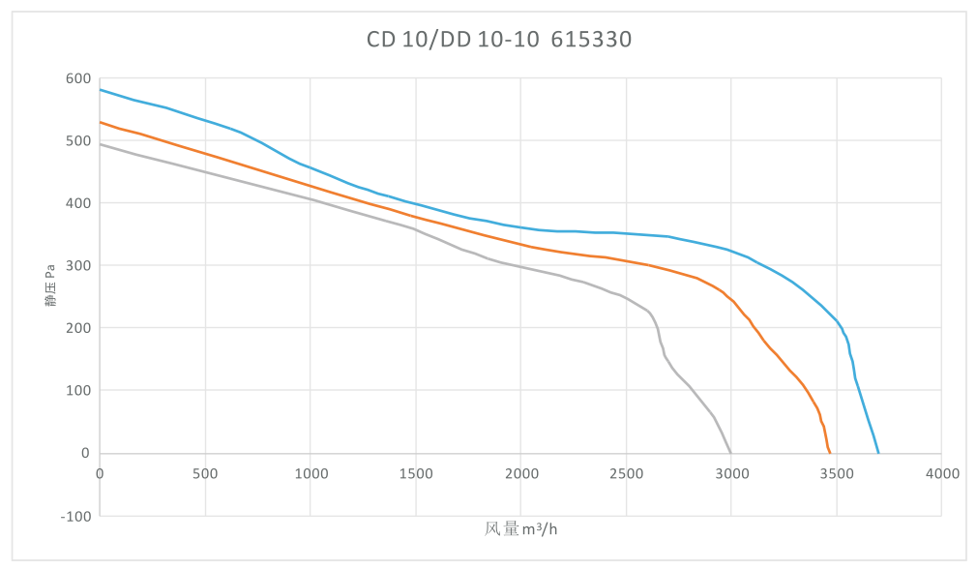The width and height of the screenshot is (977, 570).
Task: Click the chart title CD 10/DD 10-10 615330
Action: pyautogui.click(x=499, y=40)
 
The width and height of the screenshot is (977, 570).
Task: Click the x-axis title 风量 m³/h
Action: pyautogui.click(x=520, y=529)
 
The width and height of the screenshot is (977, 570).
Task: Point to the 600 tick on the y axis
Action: pyautogui.click(x=78, y=78)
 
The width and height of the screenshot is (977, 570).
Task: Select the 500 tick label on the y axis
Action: pyautogui.click(x=78, y=141)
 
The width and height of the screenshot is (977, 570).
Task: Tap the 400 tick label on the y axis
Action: pyautogui.click(x=78, y=203)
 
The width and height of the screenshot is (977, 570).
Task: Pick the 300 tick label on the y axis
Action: pyautogui.click(x=78, y=266)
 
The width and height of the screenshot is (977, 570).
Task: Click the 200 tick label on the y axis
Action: pyautogui.click(x=78, y=328)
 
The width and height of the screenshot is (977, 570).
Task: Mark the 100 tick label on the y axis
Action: pyautogui.click(x=78, y=391)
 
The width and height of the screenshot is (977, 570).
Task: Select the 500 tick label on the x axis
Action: pyautogui.click(x=205, y=473)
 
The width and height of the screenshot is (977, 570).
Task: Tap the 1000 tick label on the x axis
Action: pyautogui.click(x=311, y=473)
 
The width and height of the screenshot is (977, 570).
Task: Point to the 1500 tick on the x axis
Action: pyautogui.click(x=416, y=473)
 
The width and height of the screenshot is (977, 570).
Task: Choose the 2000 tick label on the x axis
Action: pyautogui.click(x=521, y=473)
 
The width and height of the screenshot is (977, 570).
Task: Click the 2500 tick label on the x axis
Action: pyautogui.click(x=627, y=473)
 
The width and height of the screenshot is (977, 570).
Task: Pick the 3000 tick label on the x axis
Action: pyautogui.click(x=732, y=473)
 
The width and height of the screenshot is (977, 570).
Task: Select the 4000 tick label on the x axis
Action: pyautogui.click(x=942, y=473)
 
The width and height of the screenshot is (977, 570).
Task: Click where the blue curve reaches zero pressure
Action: pyautogui.click(x=878, y=453)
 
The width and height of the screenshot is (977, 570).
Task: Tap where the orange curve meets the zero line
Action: pyautogui.click(x=830, y=453)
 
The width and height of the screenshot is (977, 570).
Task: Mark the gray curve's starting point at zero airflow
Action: pyautogui.click(x=101, y=144)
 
